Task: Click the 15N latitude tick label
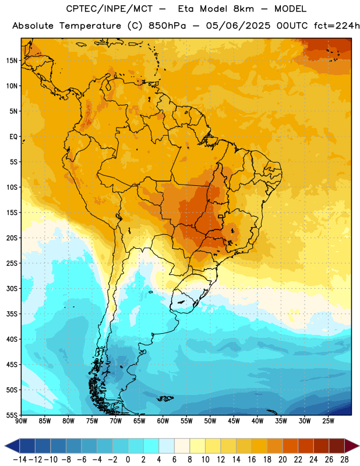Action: pos(12,61)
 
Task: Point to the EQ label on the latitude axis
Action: pos(13,137)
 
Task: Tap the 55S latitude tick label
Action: pos(12,415)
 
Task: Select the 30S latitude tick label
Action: pos(12,288)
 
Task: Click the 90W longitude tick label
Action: pos(21,421)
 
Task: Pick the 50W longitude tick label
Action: pos(210,421)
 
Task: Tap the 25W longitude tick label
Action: pos(328,421)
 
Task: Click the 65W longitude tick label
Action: pos(139,421)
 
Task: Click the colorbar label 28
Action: pos(344,460)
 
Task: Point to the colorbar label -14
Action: pos(20,460)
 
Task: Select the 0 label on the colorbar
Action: pos(128,460)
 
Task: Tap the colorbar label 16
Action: pos(252,460)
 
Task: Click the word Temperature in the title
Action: pos(90,26)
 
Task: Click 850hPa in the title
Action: pos(167,26)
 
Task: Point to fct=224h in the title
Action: pos(337,26)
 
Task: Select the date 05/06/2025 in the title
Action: pos(238,26)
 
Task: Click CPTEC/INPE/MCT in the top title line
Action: pos(109,9)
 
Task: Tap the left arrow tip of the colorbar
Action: pos(5,446)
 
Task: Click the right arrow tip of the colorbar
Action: pos(359,446)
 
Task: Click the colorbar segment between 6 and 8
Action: pos(182,446)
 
